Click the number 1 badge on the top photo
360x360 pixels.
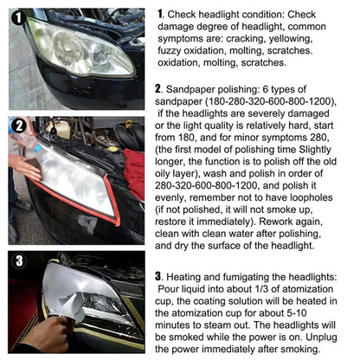17,16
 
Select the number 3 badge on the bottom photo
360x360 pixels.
18,260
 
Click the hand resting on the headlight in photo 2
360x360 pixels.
26,166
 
